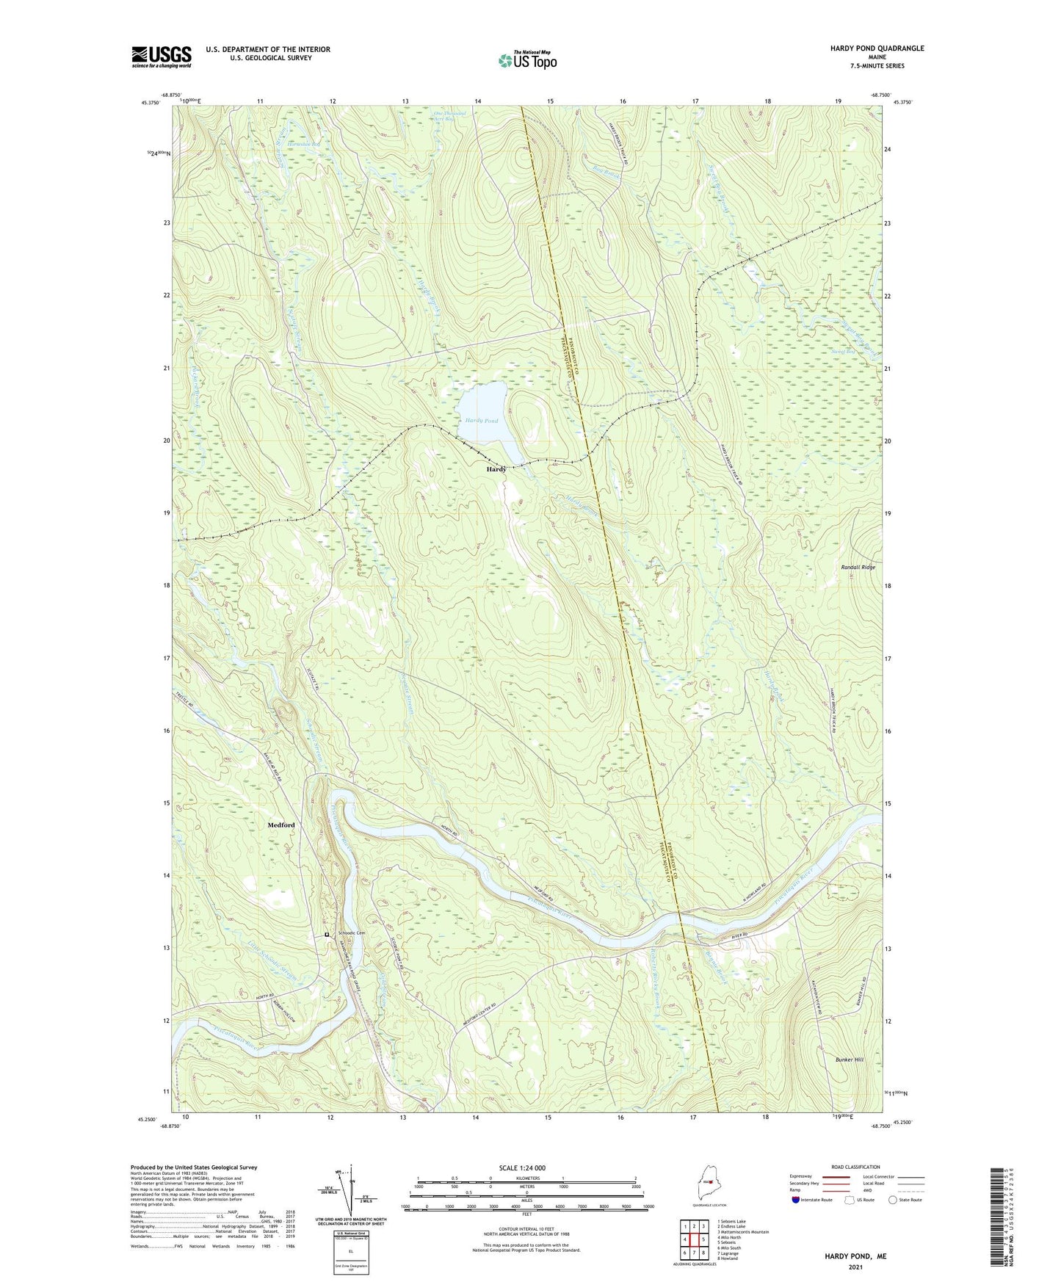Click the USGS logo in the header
pos(162,57)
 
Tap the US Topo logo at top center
pos(526,60)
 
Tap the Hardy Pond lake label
pos(481,421)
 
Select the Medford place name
pos(281,825)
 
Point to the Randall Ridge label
pos(858,568)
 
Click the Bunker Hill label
pos(849,1060)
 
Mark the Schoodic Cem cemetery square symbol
pos(327,935)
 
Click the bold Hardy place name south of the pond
pos(496,468)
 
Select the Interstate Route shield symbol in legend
pos(797,1200)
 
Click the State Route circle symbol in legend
pos(893,1200)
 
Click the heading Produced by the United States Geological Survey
pos(194,1167)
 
